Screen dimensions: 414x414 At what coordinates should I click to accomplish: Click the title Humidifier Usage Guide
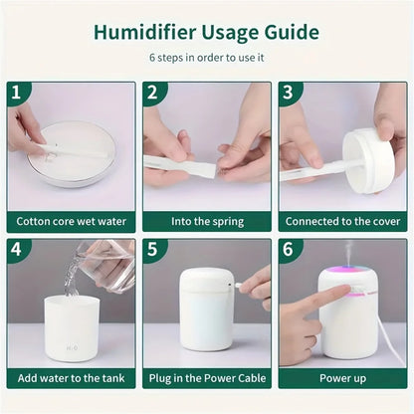206,32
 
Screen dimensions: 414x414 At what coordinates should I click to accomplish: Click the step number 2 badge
152,93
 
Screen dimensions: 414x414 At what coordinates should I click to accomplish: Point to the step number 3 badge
289,93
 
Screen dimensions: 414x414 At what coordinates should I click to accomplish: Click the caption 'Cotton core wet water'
71,222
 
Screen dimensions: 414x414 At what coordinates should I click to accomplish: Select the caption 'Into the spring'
206,222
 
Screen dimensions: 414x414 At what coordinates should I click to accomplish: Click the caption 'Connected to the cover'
342,222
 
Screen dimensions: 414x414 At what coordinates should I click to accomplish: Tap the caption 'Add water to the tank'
71,379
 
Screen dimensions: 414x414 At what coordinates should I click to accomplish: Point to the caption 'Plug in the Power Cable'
206,379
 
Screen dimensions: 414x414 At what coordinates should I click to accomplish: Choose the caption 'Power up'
342,379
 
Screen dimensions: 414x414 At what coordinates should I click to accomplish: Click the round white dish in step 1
72,154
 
